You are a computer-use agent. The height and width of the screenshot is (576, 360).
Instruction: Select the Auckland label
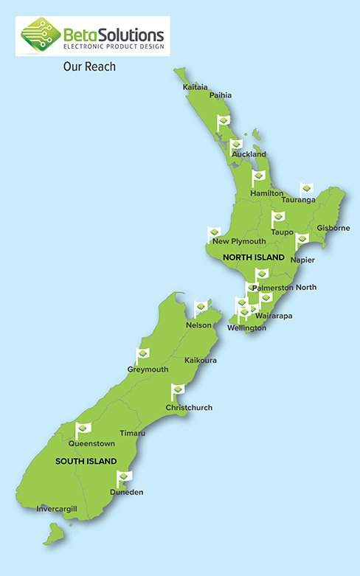point(249,154)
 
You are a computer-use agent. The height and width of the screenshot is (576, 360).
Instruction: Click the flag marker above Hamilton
point(259,178)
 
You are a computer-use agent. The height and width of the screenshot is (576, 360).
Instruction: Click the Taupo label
point(282,232)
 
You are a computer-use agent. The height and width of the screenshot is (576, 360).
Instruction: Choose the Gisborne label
point(333,228)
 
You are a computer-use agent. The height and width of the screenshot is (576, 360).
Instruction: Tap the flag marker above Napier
point(302,241)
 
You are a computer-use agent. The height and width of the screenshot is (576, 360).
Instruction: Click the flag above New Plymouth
point(215,233)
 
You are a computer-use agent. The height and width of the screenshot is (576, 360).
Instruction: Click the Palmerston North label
point(285,287)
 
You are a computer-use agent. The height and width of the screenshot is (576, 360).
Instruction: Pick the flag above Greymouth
point(143,355)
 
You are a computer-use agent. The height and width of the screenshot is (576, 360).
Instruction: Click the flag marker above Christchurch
point(178,390)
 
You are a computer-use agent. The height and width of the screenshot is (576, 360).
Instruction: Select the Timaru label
point(132,433)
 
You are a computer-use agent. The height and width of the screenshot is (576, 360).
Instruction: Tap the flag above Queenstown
point(83,428)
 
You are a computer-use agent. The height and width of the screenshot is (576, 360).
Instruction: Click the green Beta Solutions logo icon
point(40,36)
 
